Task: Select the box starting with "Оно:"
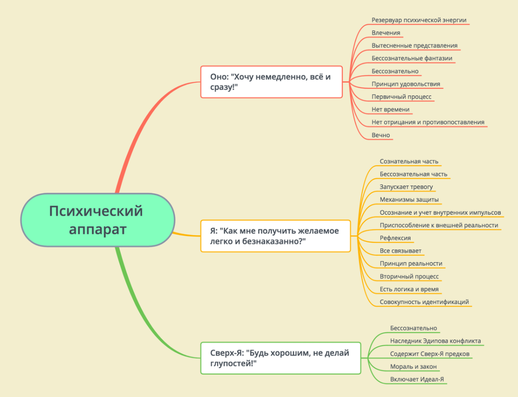click(271, 82)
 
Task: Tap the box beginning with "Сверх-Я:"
click(280, 358)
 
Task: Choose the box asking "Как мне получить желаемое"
click(275, 236)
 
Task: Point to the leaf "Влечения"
click(386, 33)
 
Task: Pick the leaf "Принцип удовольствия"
click(406, 84)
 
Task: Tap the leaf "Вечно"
click(381, 135)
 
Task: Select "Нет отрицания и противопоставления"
click(428, 122)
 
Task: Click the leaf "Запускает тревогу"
click(406, 187)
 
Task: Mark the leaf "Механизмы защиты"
click(409, 199)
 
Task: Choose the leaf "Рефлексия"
click(395, 238)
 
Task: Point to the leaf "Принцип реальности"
click(411, 264)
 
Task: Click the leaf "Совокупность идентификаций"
click(424, 302)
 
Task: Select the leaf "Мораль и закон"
click(413, 367)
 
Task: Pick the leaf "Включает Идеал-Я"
click(417, 379)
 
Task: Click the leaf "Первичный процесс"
click(402, 97)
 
